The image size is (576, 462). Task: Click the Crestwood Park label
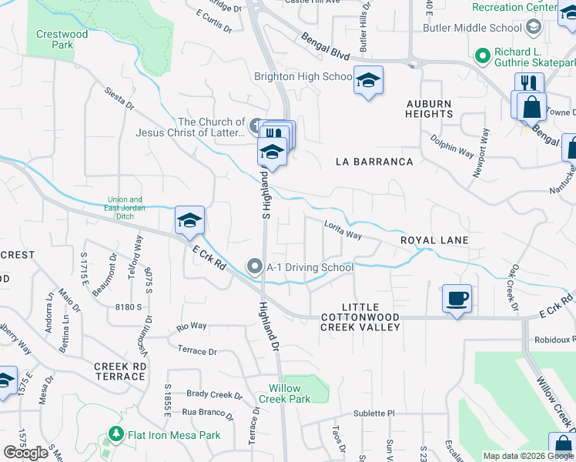62,39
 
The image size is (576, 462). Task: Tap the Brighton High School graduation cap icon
368,79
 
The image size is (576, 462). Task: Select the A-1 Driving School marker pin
255,267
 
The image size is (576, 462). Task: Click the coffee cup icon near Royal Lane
457,297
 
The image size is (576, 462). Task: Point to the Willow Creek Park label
290,393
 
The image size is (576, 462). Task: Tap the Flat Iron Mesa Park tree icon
116,435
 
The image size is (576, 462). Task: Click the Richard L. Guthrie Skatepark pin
483,55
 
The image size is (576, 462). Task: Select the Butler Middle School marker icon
533,28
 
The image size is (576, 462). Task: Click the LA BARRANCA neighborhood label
375,162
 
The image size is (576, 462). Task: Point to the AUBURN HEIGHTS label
430,108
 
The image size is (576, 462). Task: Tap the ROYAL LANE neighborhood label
434,240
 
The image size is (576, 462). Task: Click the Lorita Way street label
343,229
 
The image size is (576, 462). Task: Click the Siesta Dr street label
119,100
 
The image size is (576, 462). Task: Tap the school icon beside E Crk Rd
189,220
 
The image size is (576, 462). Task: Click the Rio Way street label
192,326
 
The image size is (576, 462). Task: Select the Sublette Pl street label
374,413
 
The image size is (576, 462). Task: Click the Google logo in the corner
26,453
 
